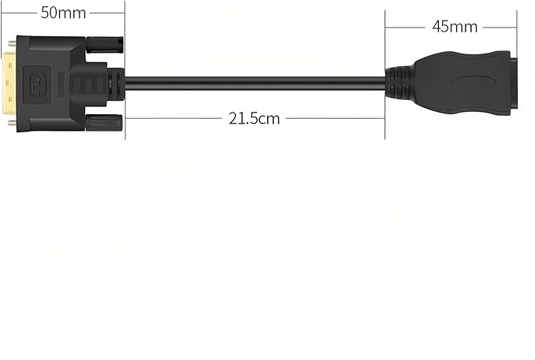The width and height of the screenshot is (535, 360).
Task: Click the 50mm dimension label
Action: pos(63,13)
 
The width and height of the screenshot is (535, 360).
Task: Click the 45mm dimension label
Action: pos(455,27)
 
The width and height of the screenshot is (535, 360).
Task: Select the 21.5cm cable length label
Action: pos(254,119)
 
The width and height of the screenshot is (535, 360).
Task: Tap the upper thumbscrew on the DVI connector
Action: pos(105,45)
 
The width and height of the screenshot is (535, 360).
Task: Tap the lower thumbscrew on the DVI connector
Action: pos(104,123)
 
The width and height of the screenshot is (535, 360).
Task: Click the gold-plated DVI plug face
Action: pos(9,84)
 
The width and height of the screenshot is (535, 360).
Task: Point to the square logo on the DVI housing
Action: pos(37,85)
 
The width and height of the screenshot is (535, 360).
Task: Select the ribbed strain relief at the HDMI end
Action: pos(398,84)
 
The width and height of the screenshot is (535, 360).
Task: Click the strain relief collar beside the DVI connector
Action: pos(116,84)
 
